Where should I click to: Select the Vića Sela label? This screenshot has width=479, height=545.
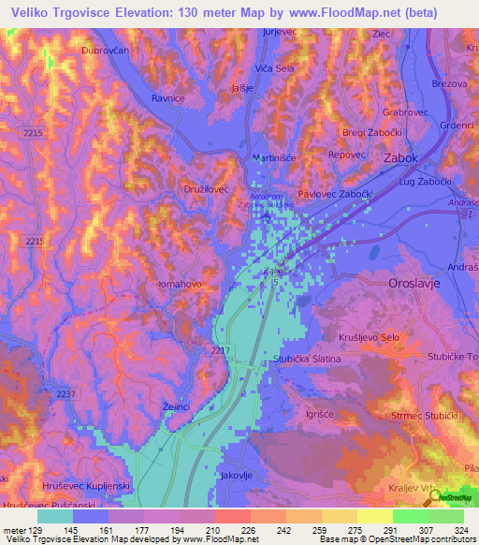pos(276,69)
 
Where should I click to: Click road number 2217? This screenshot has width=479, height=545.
pos(221,349)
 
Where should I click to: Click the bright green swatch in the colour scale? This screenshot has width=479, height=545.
pos(410,516)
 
